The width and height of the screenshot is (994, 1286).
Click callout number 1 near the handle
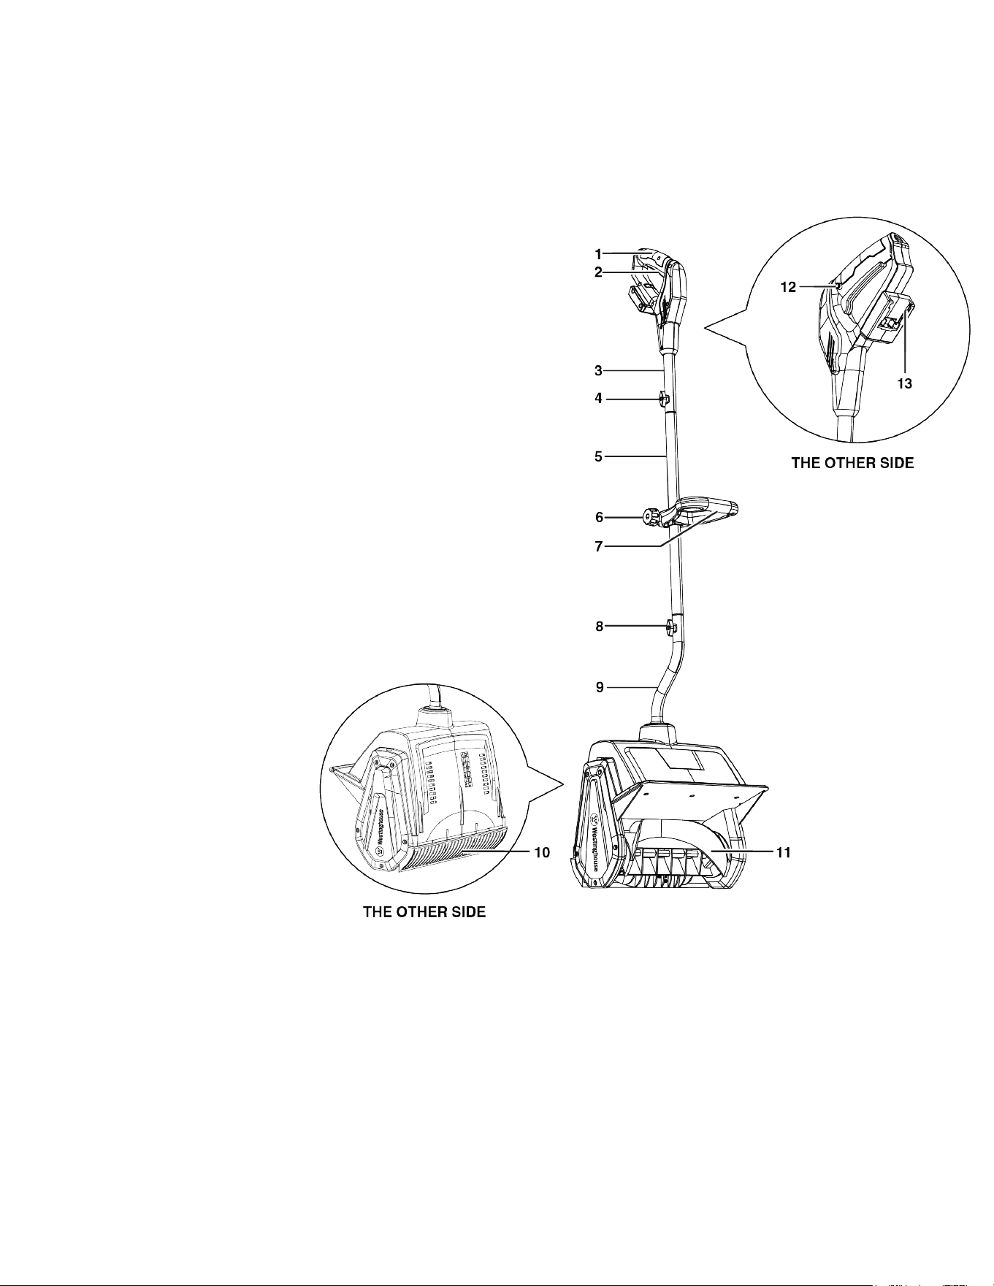coord(598,255)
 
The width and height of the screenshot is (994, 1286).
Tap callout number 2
coord(598,272)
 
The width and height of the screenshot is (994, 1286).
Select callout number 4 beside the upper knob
coord(598,399)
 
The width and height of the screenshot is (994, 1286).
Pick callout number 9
coord(600,687)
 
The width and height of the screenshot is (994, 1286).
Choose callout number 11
coord(783,852)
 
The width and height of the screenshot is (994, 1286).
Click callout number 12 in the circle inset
coord(787,288)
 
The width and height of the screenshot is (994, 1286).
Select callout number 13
coord(905,383)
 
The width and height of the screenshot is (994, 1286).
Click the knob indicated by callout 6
coord(650,517)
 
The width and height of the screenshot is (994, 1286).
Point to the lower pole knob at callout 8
coord(670,627)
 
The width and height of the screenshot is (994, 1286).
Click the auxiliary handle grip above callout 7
coord(708,509)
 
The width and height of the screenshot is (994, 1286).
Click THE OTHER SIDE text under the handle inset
coord(852,463)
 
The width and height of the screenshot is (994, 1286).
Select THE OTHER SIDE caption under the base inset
coord(424,913)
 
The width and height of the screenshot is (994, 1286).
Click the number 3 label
coord(598,371)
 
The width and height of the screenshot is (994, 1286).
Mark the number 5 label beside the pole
coord(598,457)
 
